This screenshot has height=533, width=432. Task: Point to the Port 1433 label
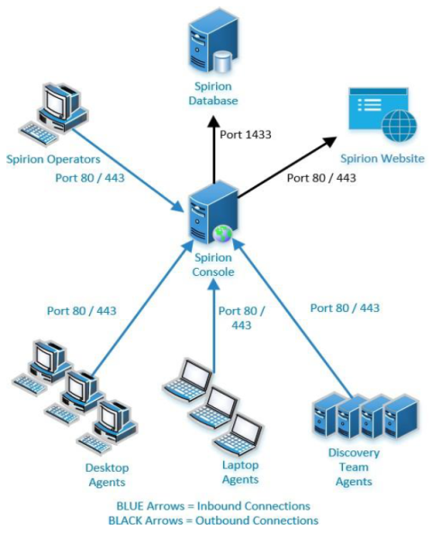[x=246, y=135]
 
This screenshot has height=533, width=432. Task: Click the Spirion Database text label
[x=213, y=93]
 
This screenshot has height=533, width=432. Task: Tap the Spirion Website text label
[x=382, y=158]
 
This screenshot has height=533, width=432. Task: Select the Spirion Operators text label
[x=53, y=159]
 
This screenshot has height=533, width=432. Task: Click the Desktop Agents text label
[x=107, y=475]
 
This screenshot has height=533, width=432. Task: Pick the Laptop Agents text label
[x=240, y=472]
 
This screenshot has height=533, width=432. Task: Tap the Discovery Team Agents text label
[x=354, y=467]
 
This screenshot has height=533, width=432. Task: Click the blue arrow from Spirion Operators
[x=128, y=171]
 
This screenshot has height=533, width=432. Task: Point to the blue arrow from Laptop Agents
[x=214, y=325]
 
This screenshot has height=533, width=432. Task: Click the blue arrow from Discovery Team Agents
[x=292, y=317]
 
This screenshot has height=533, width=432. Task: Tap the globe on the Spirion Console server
[x=222, y=235]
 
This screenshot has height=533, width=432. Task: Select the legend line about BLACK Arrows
[x=213, y=520]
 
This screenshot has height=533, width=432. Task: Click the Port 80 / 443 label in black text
[x=321, y=178]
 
